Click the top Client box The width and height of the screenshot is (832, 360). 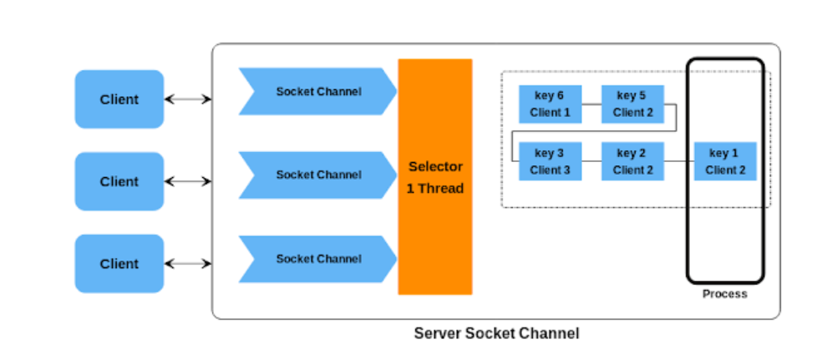pyautogui.click(x=119, y=99)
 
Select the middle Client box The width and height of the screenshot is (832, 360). pyautogui.click(x=119, y=181)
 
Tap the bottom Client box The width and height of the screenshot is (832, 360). pyautogui.click(x=119, y=264)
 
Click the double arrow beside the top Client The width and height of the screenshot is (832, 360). pyautogui.click(x=188, y=99)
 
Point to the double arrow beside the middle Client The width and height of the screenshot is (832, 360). pyautogui.click(x=188, y=181)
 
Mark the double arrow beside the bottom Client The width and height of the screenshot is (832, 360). pyautogui.click(x=188, y=264)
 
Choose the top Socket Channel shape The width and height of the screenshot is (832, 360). pyautogui.click(x=317, y=92)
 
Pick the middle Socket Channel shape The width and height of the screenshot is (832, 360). pyautogui.click(x=317, y=175)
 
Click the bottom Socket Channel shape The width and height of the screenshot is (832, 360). pyautogui.click(x=317, y=259)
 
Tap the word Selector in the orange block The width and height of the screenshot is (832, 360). pyautogui.click(x=435, y=166)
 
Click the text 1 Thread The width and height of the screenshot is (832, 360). pyautogui.click(x=435, y=189)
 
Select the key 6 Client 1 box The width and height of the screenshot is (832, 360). pyautogui.click(x=550, y=104)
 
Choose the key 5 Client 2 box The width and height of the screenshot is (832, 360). pyautogui.click(x=632, y=104)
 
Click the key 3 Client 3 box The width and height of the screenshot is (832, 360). pyautogui.click(x=550, y=162)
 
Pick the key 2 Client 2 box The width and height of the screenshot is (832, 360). pyautogui.click(x=632, y=162)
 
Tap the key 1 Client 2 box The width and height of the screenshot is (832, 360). pyautogui.click(x=724, y=162)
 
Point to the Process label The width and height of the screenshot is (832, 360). pyautogui.click(x=724, y=294)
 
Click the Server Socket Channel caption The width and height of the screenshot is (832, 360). pyautogui.click(x=496, y=333)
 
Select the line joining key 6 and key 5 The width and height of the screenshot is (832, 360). pyautogui.click(x=591, y=104)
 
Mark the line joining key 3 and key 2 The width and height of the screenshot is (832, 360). pyautogui.click(x=591, y=162)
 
